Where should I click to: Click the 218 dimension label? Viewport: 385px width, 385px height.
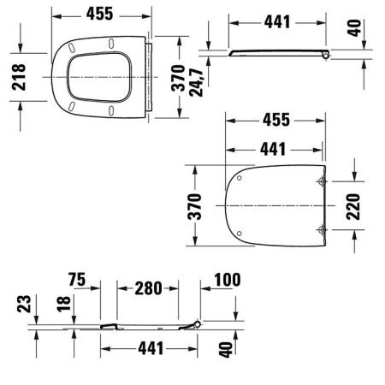[19, 77]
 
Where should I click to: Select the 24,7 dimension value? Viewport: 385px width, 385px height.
[196, 82]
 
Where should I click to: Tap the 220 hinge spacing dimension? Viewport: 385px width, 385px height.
[353, 206]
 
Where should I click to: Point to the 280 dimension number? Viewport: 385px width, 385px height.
[148, 288]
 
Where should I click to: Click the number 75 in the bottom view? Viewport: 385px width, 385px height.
[77, 280]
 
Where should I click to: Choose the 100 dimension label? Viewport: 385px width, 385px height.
[228, 280]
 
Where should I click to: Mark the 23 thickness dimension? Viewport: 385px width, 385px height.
[24, 304]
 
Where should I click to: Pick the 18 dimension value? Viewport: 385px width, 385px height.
[63, 304]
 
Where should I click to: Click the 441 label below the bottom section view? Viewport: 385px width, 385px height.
[151, 348]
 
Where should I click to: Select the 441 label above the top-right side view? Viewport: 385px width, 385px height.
[277, 22]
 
